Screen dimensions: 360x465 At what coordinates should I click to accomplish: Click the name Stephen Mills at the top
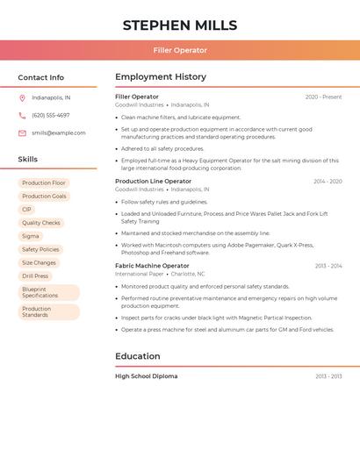(180, 25)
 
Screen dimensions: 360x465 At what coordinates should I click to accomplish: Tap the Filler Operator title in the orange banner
(180, 51)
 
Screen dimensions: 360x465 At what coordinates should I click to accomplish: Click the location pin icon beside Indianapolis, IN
(22, 98)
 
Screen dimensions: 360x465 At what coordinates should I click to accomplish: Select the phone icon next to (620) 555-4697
(22, 116)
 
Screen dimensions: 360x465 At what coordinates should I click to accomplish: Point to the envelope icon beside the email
(22, 133)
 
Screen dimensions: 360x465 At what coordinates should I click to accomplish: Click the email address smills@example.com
(59, 133)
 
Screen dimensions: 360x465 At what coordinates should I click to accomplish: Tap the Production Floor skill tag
(44, 183)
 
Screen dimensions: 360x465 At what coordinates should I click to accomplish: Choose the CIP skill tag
(26, 210)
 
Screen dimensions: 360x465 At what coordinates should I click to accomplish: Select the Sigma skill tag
(31, 236)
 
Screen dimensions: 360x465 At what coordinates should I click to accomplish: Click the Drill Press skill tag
(35, 275)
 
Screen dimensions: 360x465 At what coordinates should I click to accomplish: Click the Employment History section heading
(161, 77)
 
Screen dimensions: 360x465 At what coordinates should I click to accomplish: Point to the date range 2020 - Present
(323, 97)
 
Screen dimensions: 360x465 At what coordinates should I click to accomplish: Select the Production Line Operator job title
(153, 181)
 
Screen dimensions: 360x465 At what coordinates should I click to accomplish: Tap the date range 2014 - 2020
(328, 182)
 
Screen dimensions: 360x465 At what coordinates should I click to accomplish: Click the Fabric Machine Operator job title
(152, 266)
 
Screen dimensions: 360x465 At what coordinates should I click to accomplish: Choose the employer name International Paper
(139, 274)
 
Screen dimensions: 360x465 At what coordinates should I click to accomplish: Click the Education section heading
(138, 356)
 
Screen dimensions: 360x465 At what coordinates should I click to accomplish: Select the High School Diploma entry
(146, 376)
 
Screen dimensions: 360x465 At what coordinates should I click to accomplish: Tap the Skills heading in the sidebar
(28, 160)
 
